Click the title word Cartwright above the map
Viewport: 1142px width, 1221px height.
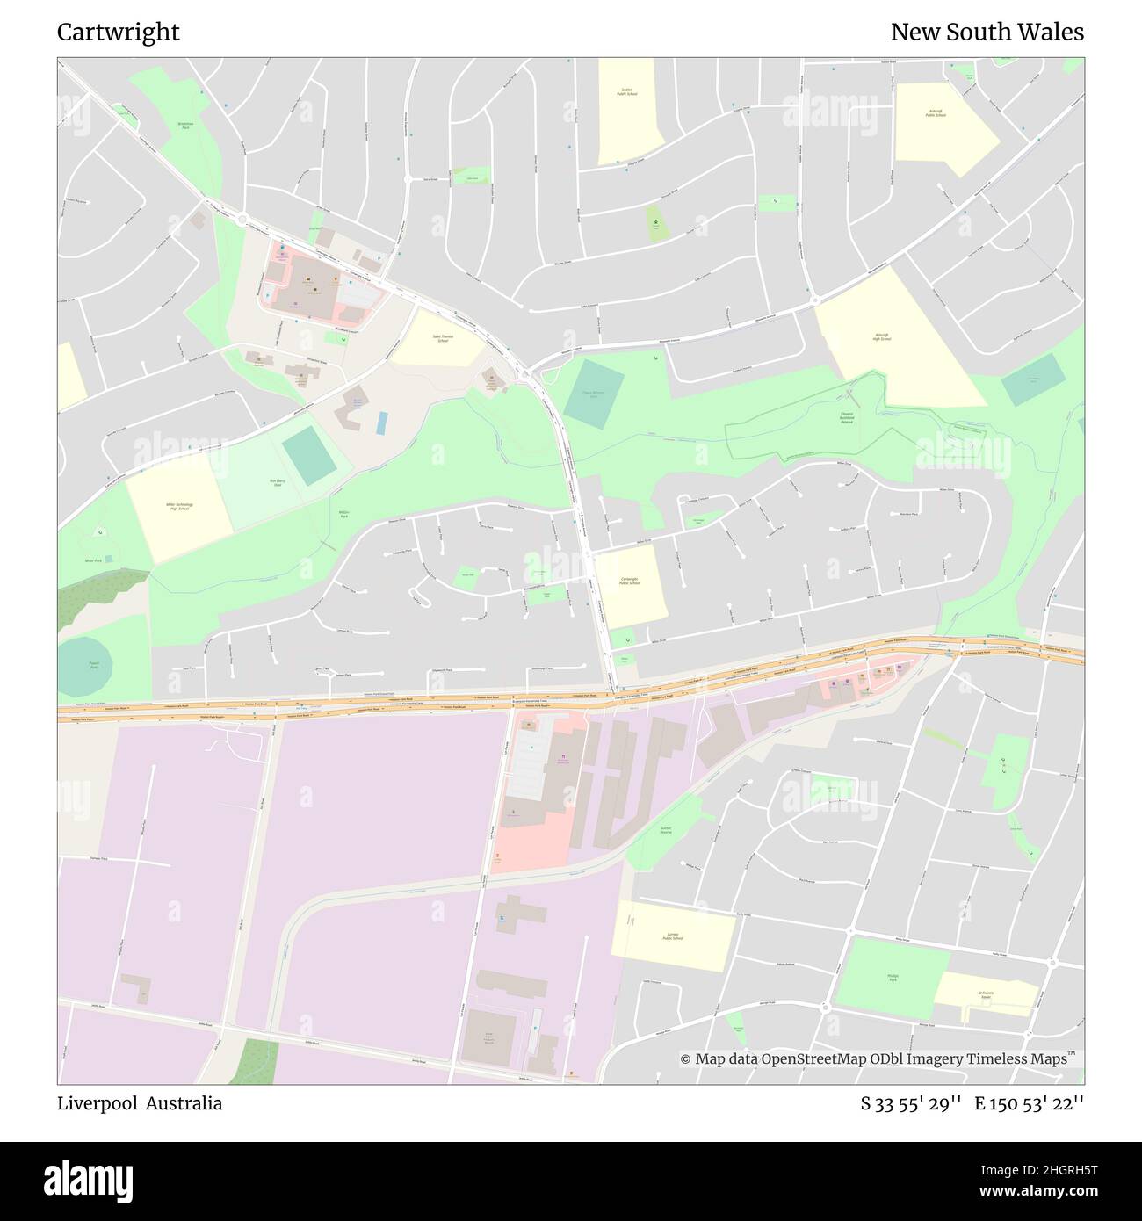tap(118, 33)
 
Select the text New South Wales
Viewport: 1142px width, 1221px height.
tap(987, 33)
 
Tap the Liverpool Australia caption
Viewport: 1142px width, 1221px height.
tap(140, 1103)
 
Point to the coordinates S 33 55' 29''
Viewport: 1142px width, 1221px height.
tap(912, 1103)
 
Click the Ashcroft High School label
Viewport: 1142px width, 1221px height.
tap(882, 338)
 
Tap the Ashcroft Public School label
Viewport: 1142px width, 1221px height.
tap(933, 113)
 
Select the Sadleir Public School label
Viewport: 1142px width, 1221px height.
tap(626, 91)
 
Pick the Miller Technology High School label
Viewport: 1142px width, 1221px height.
tap(179, 507)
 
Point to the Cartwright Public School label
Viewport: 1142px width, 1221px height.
tap(628, 582)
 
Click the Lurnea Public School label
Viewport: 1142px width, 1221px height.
tap(674, 936)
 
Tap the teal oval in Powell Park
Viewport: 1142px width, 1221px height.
tap(91, 666)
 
